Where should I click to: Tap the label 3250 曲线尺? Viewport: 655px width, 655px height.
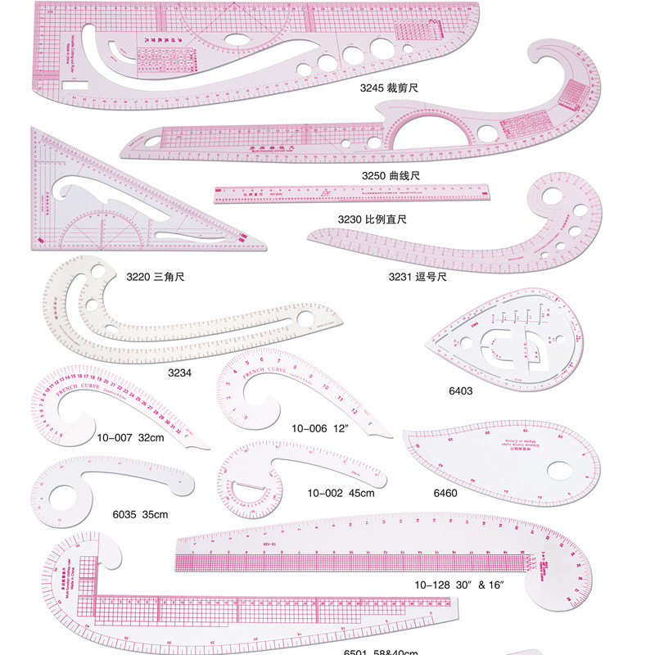392,175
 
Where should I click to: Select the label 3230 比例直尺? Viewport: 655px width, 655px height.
373,219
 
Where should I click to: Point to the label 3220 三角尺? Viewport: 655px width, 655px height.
156,277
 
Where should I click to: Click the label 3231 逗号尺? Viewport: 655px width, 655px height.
418,277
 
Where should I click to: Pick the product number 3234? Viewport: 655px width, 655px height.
180,373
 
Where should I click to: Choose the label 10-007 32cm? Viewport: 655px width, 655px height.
130,438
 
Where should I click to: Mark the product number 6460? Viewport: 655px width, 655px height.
445,494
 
